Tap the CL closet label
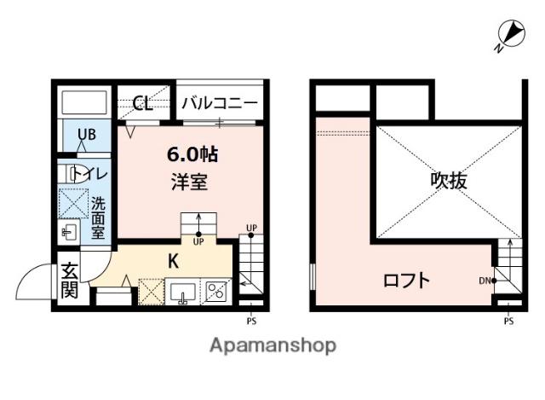click(143, 103)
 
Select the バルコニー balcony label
click(220, 103)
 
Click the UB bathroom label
click(87, 135)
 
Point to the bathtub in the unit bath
click(84, 102)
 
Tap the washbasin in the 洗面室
click(69, 230)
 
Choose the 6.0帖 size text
click(192, 154)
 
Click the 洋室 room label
click(190, 182)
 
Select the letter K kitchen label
click(173, 261)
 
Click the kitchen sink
click(182, 292)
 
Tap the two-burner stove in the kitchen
click(216, 292)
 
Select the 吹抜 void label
click(449, 181)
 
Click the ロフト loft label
click(407, 281)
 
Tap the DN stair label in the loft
click(485, 281)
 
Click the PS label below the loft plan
click(509, 321)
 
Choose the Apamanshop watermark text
click(273, 345)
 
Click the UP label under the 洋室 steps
click(198, 241)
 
